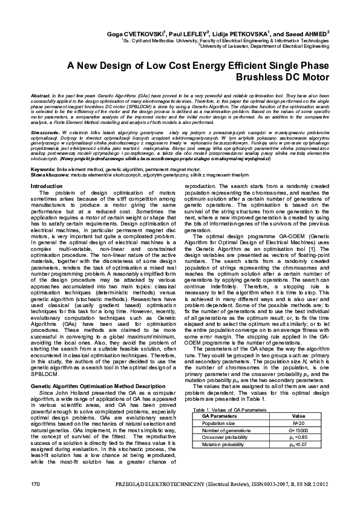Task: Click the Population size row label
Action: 218,424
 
